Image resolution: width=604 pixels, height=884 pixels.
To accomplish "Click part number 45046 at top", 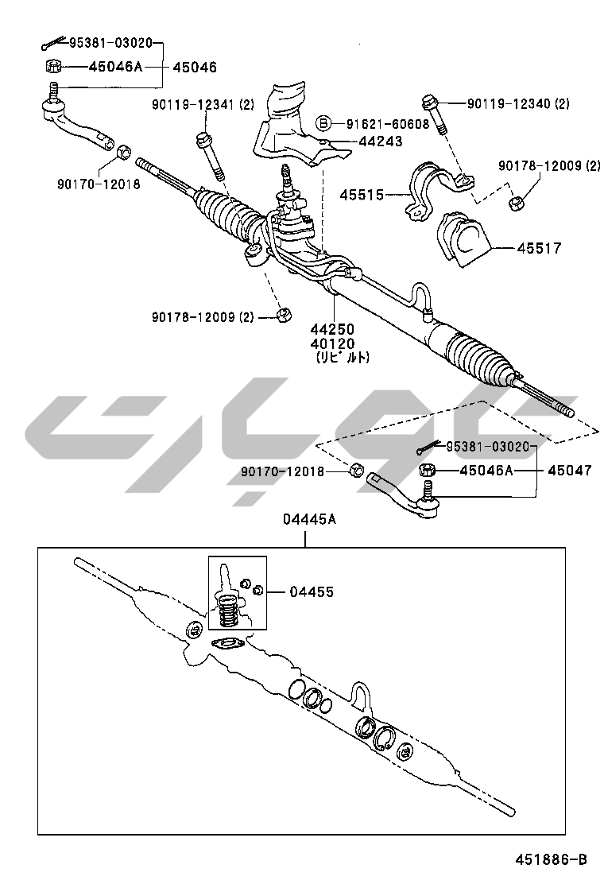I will (196, 68).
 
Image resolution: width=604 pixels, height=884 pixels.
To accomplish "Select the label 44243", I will (380, 142).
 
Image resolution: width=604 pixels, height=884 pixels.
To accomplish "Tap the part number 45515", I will (362, 194).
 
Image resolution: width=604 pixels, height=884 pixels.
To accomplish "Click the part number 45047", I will (569, 471).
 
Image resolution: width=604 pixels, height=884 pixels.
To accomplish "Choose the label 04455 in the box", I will (312, 592).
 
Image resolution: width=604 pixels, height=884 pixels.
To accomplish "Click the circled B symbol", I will (323, 123).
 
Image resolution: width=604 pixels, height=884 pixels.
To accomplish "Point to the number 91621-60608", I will (387, 123).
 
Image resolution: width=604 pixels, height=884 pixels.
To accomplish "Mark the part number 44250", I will (332, 329).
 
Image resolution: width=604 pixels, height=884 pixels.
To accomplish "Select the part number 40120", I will (332, 343).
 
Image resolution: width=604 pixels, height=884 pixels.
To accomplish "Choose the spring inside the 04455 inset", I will (228, 612).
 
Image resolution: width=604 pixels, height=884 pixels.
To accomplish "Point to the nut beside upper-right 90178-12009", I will (516, 203).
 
